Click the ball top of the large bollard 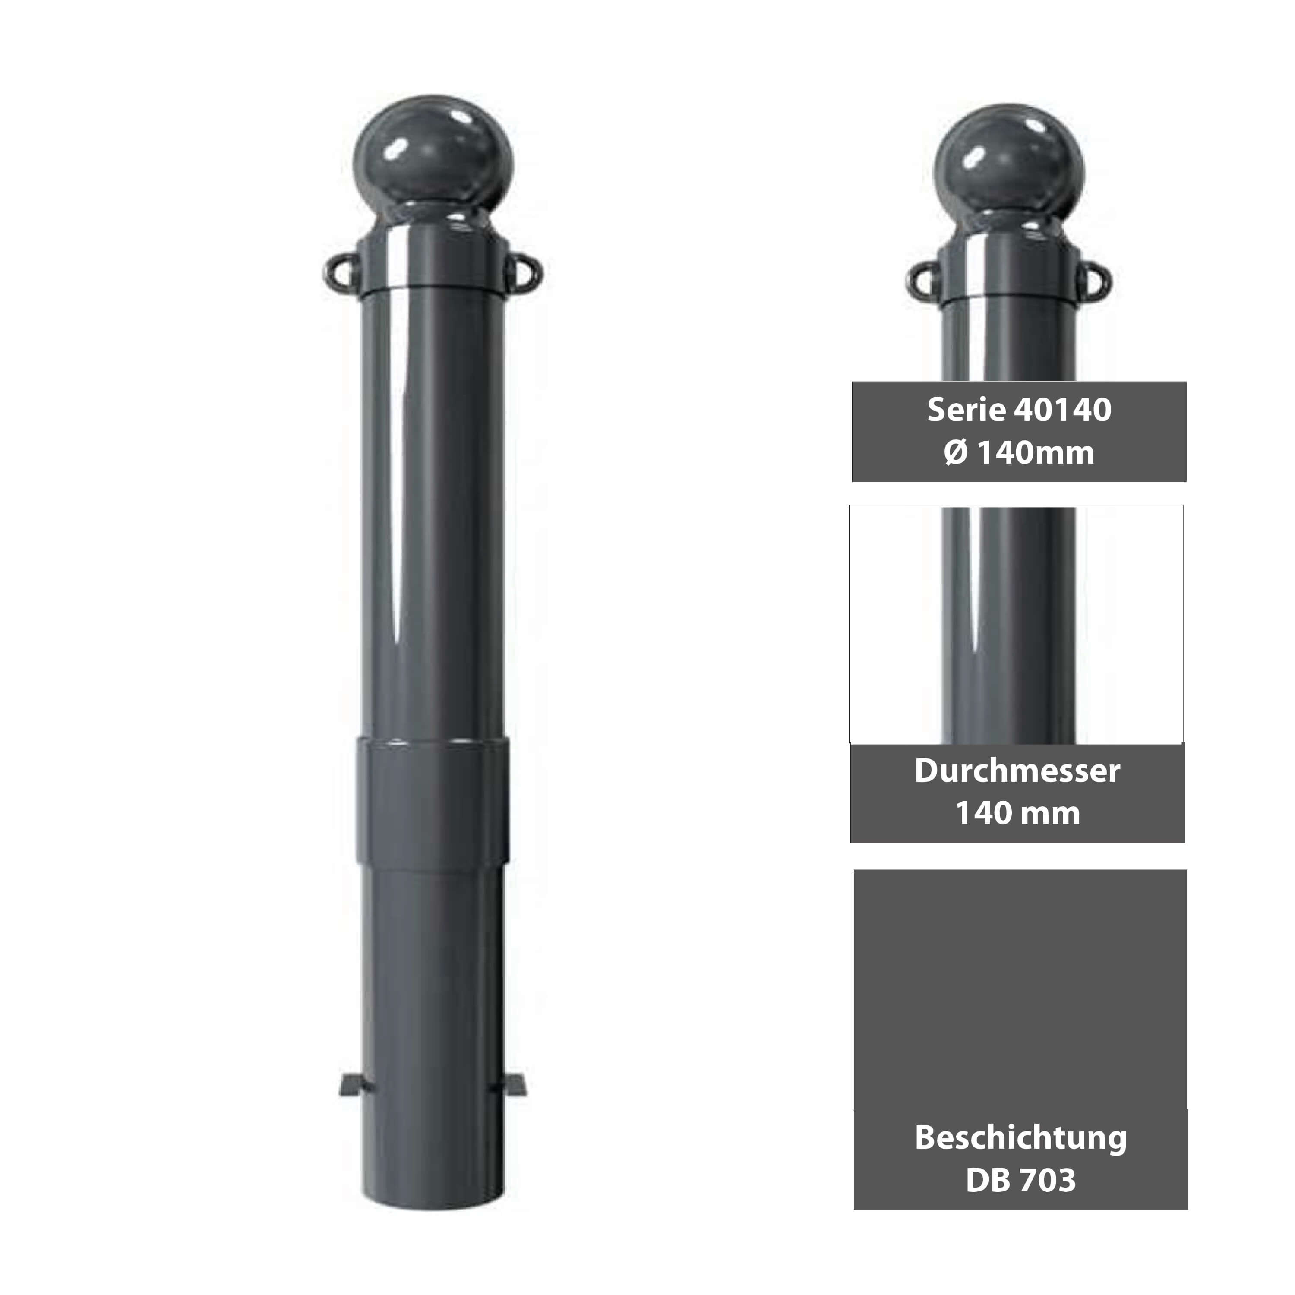(x=433, y=153)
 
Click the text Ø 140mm (x=1019, y=453)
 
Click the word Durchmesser (x=1017, y=771)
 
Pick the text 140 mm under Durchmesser (x=1017, y=813)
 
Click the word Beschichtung (x=1020, y=1137)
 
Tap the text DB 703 (x=1020, y=1180)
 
